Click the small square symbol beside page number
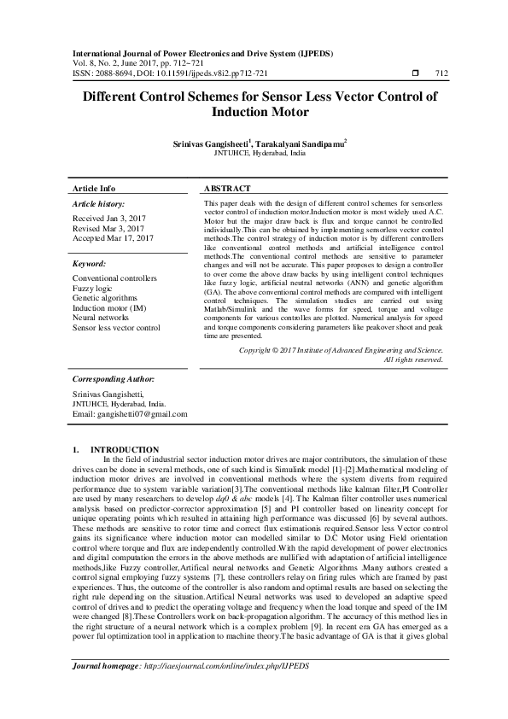(x=415, y=74)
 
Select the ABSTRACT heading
(x=228, y=188)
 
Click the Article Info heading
(x=94, y=188)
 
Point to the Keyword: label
(x=90, y=265)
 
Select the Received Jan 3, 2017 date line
(x=109, y=219)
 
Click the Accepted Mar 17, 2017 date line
(x=113, y=237)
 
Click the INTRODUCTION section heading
(x=125, y=449)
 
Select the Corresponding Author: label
(x=113, y=377)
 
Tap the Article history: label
(x=99, y=205)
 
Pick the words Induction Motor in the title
(x=254, y=112)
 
